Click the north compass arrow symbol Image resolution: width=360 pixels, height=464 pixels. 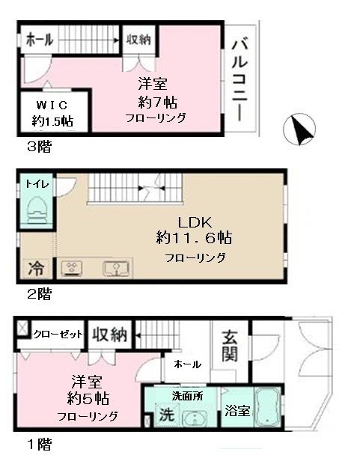pos(300,132)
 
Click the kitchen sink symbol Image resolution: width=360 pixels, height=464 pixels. pos(115,268)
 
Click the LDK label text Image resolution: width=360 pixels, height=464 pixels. pos(195,222)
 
